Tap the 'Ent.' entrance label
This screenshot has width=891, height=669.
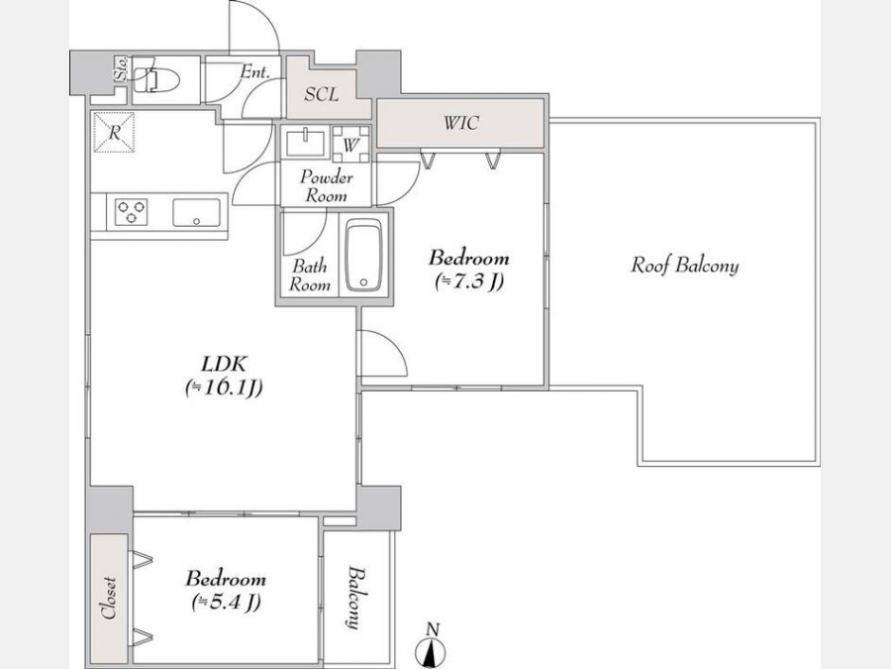click(x=254, y=71)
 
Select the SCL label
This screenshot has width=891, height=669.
click(x=321, y=94)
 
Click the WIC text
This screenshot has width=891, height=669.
click(x=460, y=122)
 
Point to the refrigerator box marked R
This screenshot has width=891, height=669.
click(x=114, y=133)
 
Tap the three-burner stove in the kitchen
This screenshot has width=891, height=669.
click(x=132, y=212)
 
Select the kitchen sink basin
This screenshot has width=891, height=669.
click(x=196, y=213)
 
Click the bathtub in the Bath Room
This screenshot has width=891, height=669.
click(x=363, y=255)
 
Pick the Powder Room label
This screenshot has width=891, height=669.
click(x=326, y=186)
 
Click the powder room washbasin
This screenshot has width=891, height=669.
click(x=306, y=142)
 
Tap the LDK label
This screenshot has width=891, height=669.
click(x=224, y=363)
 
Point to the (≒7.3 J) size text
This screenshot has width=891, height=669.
click(x=469, y=281)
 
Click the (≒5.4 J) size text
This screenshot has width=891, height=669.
click(x=226, y=602)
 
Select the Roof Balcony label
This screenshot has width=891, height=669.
click(x=685, y=265)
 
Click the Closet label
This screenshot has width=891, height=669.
click(x=108, y=598)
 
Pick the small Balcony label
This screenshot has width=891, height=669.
click(x=354, y=597)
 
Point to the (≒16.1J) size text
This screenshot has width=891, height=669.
click(x=224, y=388)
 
